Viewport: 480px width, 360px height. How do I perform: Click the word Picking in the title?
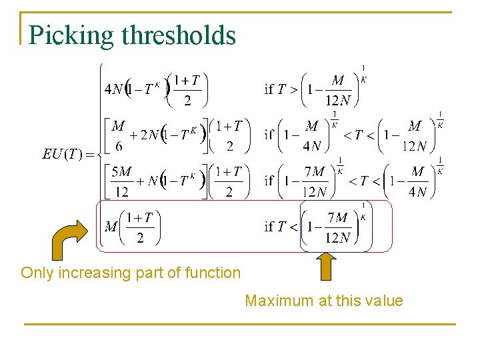point(71,35)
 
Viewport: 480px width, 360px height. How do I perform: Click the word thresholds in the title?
point(179,35)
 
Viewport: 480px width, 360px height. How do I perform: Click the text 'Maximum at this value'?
point(324,301)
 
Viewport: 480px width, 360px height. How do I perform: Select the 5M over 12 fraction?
point(121,182)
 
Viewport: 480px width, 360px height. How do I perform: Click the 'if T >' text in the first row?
point(281,89)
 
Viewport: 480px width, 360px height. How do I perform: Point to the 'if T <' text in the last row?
point(281,227)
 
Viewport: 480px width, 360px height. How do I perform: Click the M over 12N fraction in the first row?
point(337,89)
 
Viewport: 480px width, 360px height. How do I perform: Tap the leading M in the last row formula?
point(111,227)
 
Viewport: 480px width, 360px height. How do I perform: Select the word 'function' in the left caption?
point(215,273)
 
